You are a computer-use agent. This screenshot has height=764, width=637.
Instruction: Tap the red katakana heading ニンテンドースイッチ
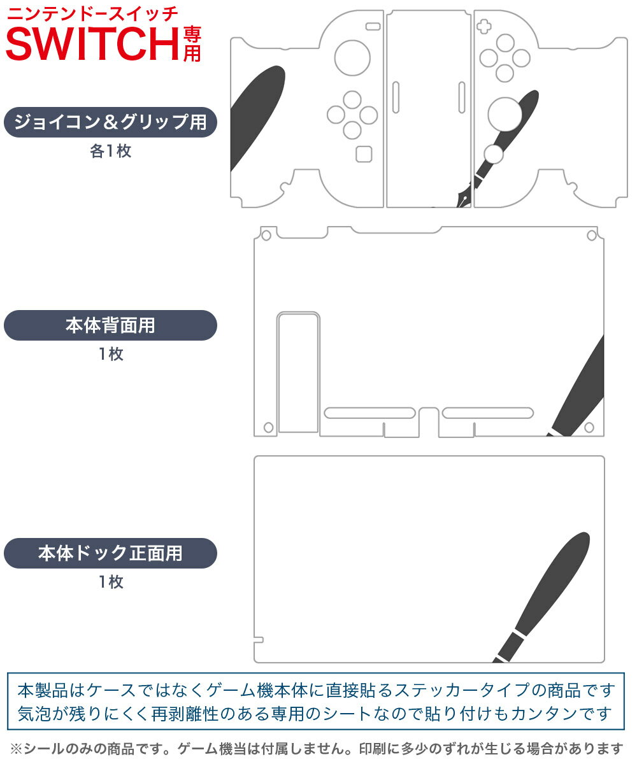coord(92,13)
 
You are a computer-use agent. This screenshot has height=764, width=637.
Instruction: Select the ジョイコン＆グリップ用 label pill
coord(111,122)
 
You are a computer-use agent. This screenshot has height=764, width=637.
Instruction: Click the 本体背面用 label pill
coord(111,325)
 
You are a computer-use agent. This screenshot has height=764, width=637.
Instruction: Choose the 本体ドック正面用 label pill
coord(111,553)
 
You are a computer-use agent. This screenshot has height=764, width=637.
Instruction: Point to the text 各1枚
coord(111,152)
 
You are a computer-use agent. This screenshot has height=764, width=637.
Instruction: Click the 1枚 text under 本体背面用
coord(111,355)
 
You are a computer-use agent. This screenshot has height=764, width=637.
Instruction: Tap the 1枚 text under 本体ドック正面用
coord(111,582)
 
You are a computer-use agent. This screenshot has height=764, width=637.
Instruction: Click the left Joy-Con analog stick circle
coord(352,57)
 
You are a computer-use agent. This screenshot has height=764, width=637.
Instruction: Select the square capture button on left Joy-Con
coord(364,154)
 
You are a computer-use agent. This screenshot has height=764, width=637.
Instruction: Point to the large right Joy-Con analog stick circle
coord(505,114)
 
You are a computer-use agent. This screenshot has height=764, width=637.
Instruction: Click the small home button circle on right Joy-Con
coord(492,153)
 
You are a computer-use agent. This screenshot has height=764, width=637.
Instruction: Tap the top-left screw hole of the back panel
coord(266,236)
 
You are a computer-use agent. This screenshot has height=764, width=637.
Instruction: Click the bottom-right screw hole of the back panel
coord(589,427)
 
